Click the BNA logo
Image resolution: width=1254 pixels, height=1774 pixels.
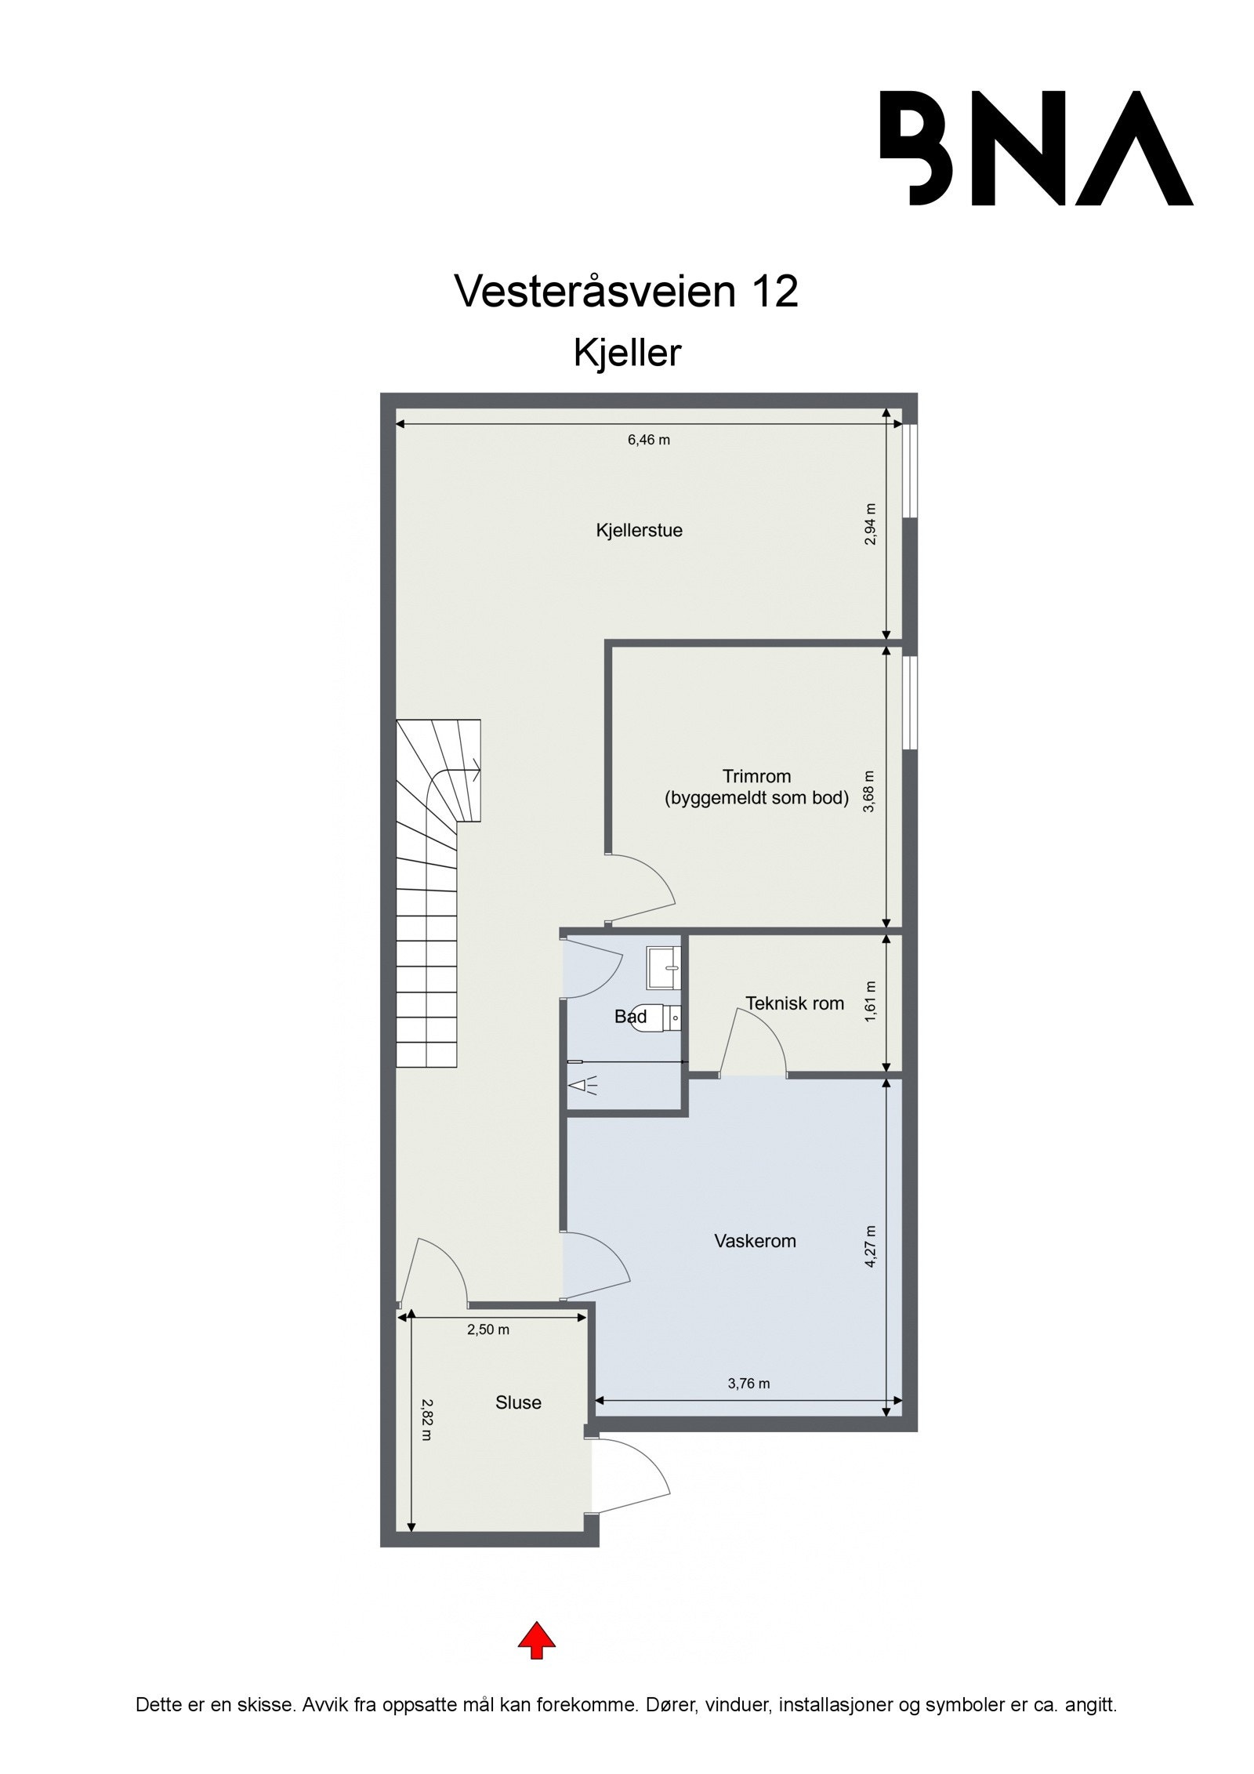click(x=1036, y=148)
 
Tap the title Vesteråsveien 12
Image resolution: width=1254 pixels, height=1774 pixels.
click(x=626, y=292)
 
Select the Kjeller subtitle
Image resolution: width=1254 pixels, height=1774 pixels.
click(x=627, y=353)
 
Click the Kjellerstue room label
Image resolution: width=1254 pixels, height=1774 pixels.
click(x=639, y=531)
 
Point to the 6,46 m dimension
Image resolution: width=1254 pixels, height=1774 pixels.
click(x=648, y=440)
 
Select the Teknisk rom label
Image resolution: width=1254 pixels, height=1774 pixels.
click(x=794, y=1003)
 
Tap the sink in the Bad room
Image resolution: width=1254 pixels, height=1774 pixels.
click(x=664, y=967)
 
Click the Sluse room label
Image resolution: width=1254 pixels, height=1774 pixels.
click(x=518, y=1402)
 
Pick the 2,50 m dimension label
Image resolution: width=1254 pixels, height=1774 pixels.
click(x=488, y=1330)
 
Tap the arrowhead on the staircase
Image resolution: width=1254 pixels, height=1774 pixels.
click(x=476, y=771)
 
